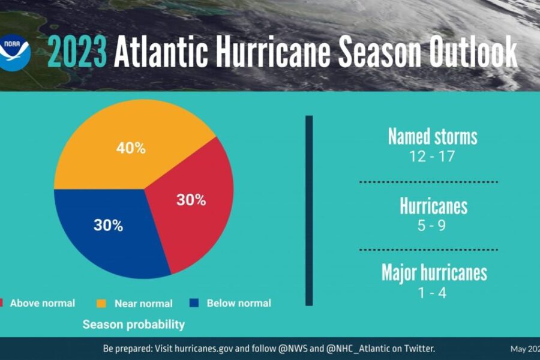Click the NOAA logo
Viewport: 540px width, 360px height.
coord(16,52)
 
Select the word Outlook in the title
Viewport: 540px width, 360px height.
coord(472,53)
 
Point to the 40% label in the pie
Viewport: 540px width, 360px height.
coord(131,148)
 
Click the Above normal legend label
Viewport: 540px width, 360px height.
coord(43,303)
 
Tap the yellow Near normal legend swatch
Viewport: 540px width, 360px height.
coord(101,303)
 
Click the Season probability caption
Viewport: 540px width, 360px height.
coord(134,325)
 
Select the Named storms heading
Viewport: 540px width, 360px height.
coord(433,136)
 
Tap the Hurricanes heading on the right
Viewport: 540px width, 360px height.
coord(433,206)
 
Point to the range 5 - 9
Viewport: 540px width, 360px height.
coord(433,226)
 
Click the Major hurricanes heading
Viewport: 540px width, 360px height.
coord(434,272)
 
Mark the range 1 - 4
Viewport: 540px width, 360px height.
coord(433,293)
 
